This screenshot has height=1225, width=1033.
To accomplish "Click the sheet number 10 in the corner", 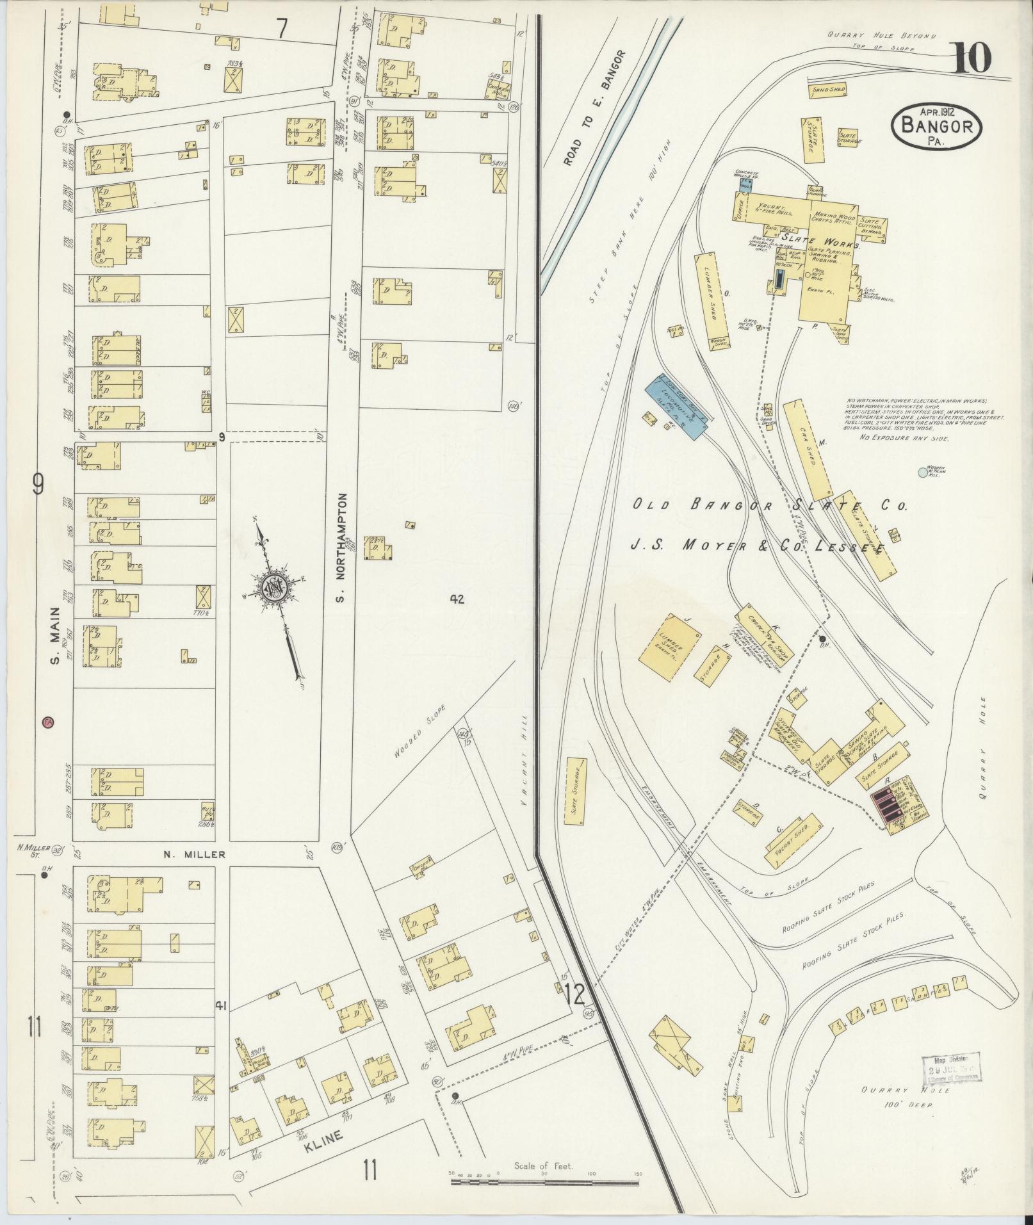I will click(x=972, y=59).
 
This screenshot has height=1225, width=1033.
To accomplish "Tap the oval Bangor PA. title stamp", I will click(x=936, y=127).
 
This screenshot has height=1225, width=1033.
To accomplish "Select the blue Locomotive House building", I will click(x=677, y=407).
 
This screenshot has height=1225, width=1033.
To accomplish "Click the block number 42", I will click(x=456, y=600).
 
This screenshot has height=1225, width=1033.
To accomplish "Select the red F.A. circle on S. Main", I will click(x=48, y=722).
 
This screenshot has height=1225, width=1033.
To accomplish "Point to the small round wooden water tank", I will click(x=922, y=473).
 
